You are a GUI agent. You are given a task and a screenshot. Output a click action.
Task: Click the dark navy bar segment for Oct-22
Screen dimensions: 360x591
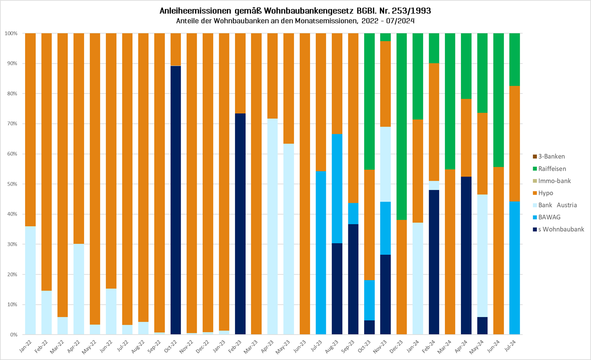(x=175, y=200)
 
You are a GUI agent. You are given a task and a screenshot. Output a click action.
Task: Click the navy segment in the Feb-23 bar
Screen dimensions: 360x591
(x=240, y=224)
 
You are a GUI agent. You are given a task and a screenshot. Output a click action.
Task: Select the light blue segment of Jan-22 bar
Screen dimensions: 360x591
(x=30, y=280)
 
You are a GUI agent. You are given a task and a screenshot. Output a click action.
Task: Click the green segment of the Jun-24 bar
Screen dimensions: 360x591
(x=498, y=100)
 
